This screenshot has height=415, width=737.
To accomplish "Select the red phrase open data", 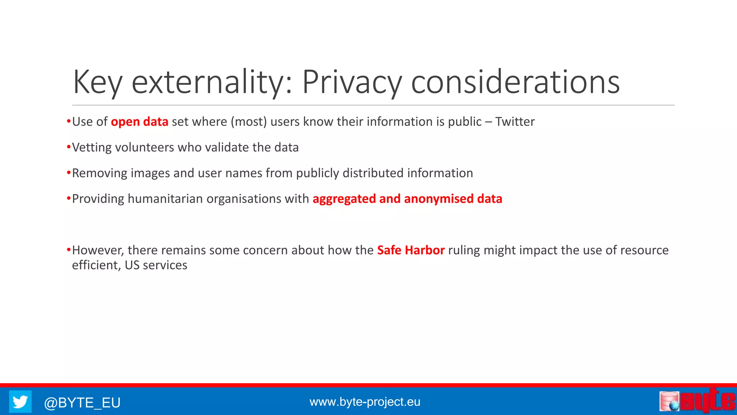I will click(x=139, y=122).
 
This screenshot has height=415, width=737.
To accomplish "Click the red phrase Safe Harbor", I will click(x=411, y=250).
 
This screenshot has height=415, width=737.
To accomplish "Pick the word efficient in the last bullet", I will click(x=95, y=265).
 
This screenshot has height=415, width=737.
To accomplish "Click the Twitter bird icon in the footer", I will click(x=20, y=402).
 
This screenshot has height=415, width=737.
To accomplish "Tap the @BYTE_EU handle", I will click(x=82, y=402).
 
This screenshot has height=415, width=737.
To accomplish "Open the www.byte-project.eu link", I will click(x=365, y=402).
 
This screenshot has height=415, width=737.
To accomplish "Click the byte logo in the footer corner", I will click(x=697, y=401).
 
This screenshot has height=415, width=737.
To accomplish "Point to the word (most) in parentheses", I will click(x=249, y=122).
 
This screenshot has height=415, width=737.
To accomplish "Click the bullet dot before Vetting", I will click(x=68, y=147).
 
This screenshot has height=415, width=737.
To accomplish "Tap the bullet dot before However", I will click(x=68, y=250).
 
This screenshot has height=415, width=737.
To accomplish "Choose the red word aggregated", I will click(x=344, y=199).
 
